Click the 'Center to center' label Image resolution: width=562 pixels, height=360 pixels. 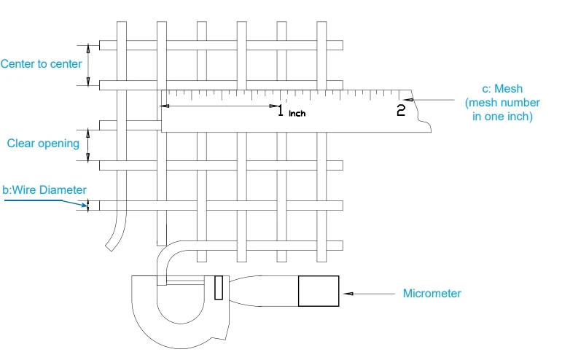click(x=41, y=64)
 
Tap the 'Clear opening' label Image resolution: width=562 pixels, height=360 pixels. click(x=43, y=144)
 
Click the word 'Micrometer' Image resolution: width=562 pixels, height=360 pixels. click(x=432, y=294)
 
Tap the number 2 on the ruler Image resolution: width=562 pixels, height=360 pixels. click(x=400, y=111)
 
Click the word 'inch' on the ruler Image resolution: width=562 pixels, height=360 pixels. click(x=297, y=114)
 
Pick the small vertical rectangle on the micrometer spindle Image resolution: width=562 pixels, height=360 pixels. click(x=218, y=287)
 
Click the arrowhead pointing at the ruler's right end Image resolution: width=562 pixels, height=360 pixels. click(x=411, y=100)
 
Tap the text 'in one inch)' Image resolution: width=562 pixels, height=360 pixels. click(x=502, y=117)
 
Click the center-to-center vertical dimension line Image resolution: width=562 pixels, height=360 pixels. click(x=89, y=65)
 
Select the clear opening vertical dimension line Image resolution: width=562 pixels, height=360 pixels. click(x=89, y=145)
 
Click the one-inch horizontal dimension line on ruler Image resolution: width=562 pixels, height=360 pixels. click(x=219, y=106)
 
